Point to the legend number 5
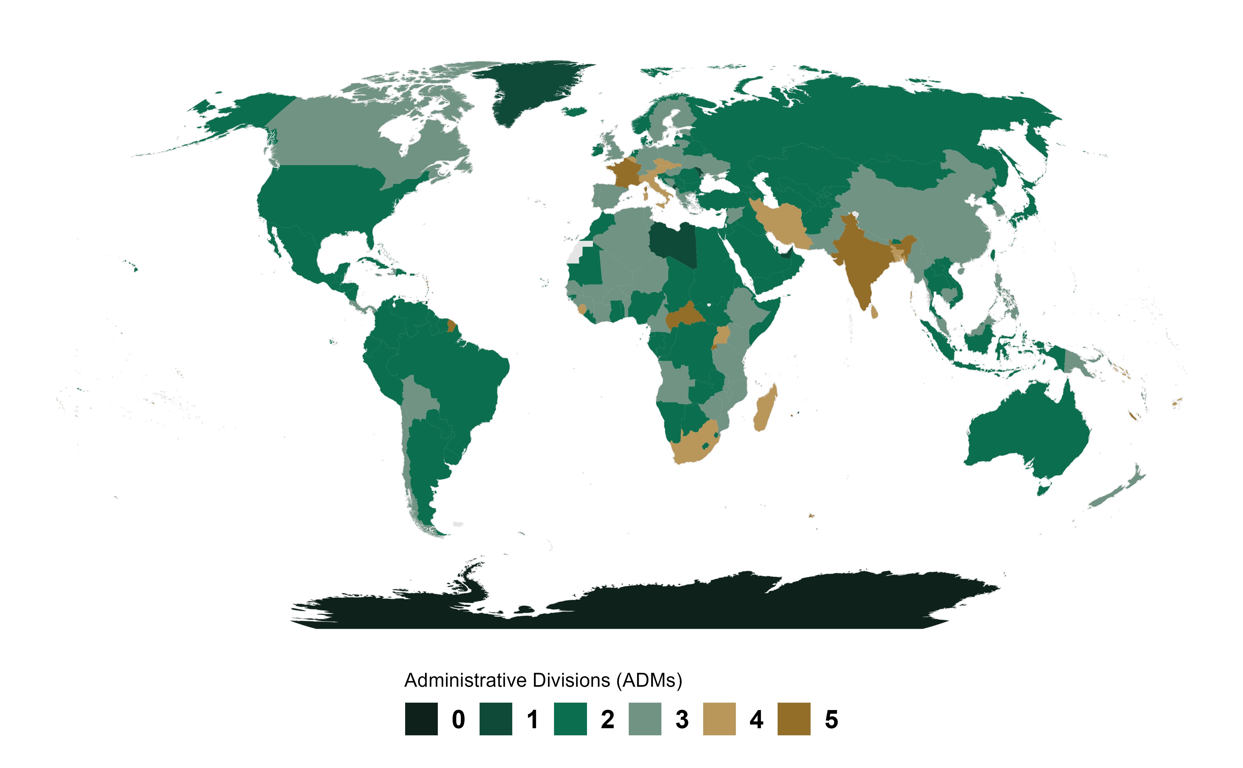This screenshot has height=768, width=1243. (x=831, y=719)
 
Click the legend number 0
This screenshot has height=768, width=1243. (x=458, y=719)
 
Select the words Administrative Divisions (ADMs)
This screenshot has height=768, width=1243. (x=543, y=680)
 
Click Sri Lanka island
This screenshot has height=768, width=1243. (x=874, y=311)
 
